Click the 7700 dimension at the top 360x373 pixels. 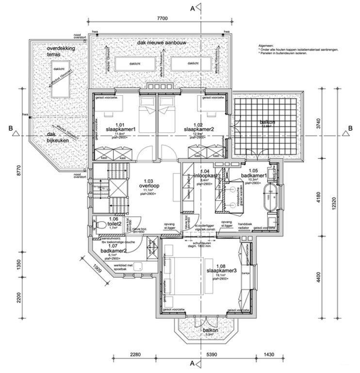coord(162,18)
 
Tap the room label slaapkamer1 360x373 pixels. coord(120,129)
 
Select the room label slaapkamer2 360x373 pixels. coord(199,129)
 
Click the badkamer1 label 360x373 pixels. coord(255,175)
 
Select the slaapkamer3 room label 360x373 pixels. coord(221,271)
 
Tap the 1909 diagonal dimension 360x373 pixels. coord(96,267)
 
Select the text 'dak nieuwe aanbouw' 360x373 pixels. coord(162,43)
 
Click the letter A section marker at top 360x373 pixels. coord(193,8)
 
